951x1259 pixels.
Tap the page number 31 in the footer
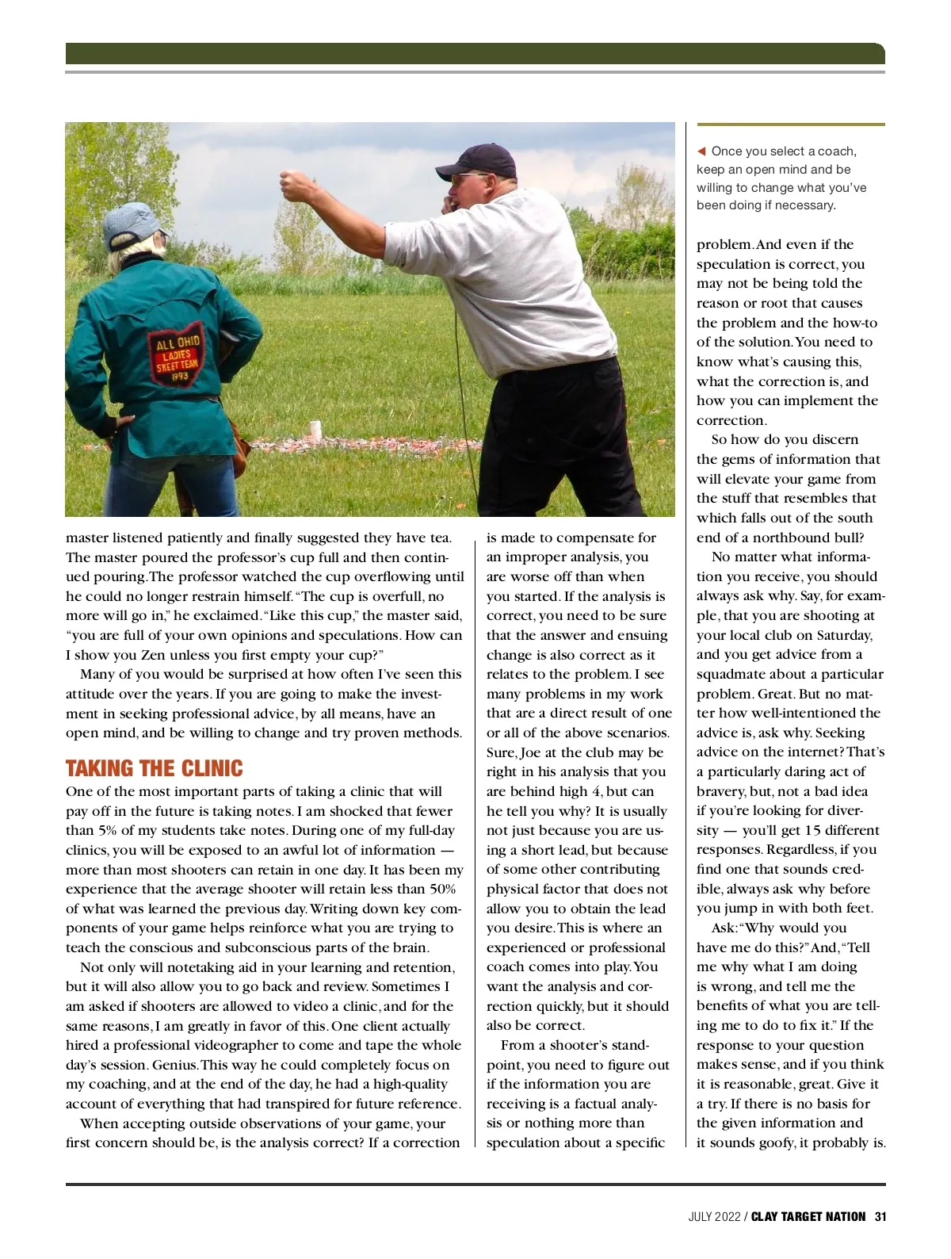point(880,1217)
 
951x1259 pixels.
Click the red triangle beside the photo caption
point(701,151)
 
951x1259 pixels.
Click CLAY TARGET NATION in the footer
point(808,1217)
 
